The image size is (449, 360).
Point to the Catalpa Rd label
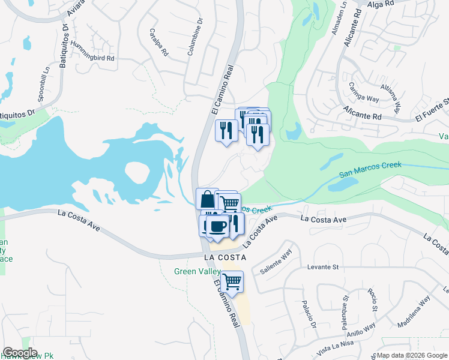158,42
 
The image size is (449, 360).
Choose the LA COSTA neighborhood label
225,257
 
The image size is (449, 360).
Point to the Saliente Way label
275,262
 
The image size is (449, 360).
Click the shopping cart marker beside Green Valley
232,281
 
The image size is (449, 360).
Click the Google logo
20,353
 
